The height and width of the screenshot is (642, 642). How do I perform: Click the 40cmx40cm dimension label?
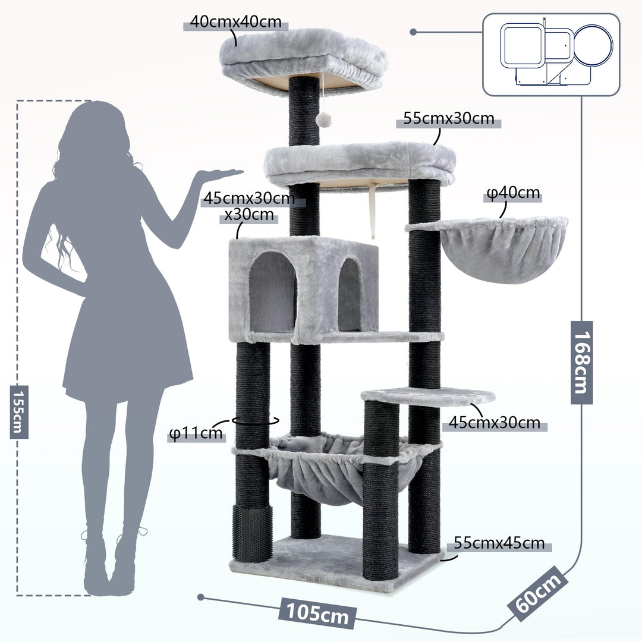point(235,22)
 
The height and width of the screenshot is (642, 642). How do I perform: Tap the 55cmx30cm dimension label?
point(449,118)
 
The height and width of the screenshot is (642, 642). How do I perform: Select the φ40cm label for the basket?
point(513,193)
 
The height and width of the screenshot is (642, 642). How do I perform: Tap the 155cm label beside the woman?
point(19,411)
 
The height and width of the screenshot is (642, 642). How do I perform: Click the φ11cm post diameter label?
point(196,433)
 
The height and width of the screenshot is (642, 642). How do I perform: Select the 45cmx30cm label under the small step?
point(494,422)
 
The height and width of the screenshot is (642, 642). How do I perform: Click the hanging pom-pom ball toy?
point(323,119)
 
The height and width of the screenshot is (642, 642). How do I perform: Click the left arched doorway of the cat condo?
point(272,291)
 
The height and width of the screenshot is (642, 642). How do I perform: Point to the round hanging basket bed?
point(502,250)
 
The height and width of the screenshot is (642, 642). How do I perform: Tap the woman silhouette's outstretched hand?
point(221,174)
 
